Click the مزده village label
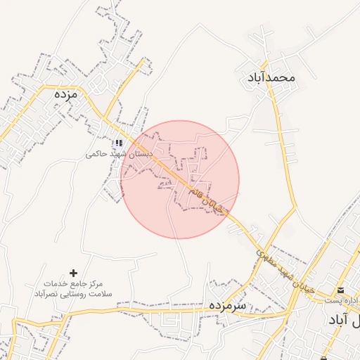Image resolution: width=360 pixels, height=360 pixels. point(64,94)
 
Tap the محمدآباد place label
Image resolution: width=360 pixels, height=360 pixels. point(271,77)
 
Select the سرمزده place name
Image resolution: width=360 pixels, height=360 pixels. point(227,307)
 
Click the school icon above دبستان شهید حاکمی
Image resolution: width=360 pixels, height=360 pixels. point(119,143)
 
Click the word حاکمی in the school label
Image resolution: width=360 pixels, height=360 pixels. point(97,153)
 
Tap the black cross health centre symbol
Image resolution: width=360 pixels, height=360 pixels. point(73,272)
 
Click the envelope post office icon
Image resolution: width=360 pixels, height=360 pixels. point(340,290)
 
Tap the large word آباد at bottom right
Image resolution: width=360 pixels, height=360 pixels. point(342,320)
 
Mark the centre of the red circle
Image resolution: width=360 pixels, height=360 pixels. point(180,179)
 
